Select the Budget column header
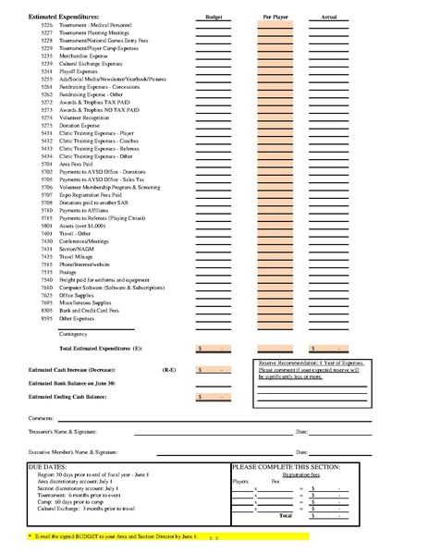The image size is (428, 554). pyautogui.click(x=214, y=17)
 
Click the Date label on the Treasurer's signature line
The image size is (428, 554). pyautogui.click(x=301, y=432)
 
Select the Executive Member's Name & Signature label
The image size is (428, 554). pyautogui.click(x=80, y=451)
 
